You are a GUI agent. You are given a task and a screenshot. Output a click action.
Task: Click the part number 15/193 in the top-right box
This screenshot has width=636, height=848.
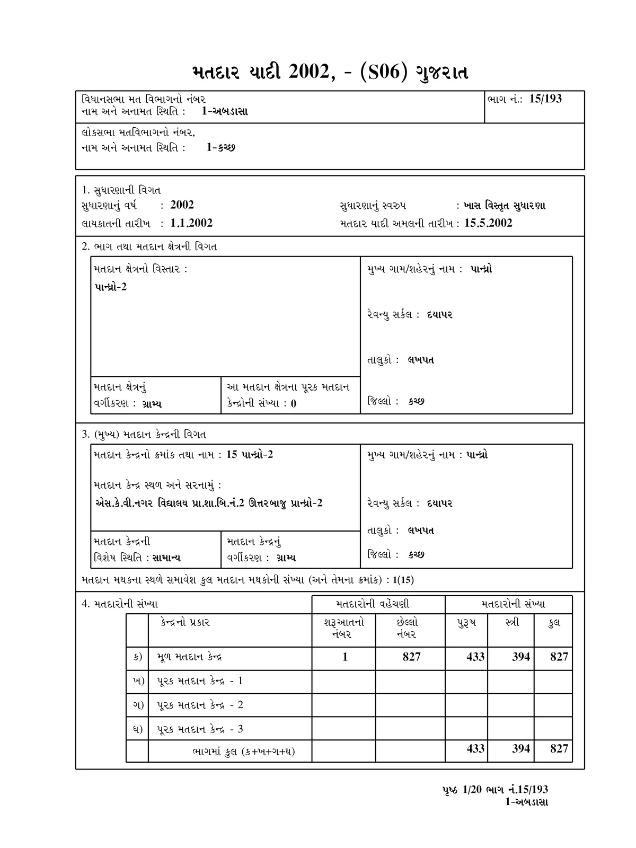545,99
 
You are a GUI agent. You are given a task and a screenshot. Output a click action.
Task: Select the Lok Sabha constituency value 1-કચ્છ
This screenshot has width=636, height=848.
220,147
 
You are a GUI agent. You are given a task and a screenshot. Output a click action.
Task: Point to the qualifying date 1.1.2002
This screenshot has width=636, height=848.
191,223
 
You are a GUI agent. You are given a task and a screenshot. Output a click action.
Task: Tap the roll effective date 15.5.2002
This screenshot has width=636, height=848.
488,223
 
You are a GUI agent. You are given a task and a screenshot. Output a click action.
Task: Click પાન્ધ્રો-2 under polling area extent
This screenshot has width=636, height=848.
111,287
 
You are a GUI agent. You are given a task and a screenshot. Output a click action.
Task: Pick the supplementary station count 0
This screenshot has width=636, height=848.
294,403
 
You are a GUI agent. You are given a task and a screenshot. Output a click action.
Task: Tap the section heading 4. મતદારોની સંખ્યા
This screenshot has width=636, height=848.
120,604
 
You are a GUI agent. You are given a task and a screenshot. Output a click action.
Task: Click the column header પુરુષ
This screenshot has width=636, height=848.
466,623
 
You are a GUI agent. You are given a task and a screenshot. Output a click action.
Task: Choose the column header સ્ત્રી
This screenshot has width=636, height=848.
512,623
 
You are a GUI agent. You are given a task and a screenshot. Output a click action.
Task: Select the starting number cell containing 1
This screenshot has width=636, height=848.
344,657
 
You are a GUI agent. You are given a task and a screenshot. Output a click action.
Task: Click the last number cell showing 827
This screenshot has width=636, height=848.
411,657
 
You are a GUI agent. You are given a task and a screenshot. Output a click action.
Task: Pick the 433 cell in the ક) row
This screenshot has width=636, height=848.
475,657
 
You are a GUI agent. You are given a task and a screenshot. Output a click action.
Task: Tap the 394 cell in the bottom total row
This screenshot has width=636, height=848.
521,749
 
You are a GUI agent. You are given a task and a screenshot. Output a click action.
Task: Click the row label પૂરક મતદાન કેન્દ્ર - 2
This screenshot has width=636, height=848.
200,705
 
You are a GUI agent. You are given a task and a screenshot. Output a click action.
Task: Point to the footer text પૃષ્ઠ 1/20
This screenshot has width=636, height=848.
460,790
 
